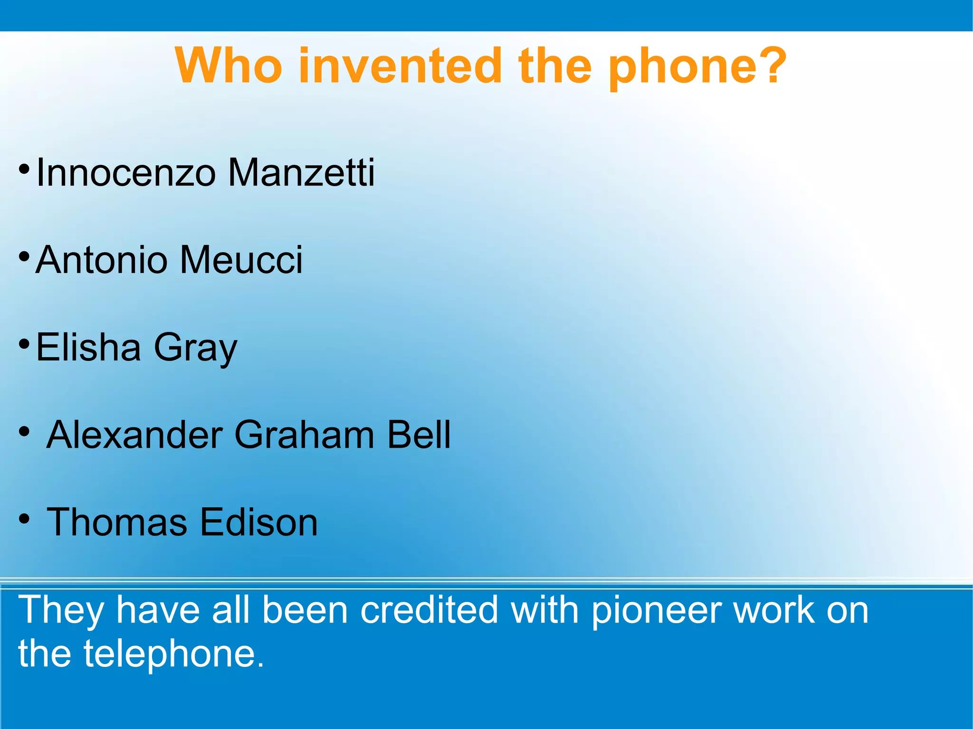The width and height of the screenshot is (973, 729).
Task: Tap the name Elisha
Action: (88, 347)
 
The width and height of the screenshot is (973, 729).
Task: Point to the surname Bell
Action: (419, 435)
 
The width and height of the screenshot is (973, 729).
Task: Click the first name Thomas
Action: (117, 522)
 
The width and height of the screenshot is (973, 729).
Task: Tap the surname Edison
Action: (258, 522)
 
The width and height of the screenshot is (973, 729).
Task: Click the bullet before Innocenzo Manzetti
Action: (25, 169)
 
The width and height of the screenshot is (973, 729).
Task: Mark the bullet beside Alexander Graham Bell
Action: (25, 432)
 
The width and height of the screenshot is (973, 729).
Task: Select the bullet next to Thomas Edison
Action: (25, 519)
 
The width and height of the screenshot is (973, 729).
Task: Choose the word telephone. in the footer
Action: (174, 654)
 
